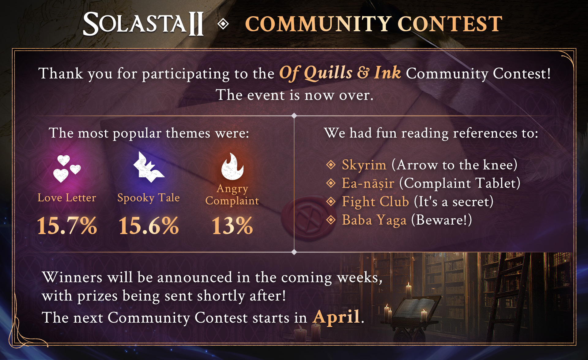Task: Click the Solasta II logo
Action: [x=143, y=24]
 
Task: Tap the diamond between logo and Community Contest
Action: [x=223, y=24]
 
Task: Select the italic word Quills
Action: [x=328, y=73]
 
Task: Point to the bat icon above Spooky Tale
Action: [x=149, y=167]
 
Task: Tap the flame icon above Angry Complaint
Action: [x=232, y=166]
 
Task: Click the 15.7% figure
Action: [x=67, y=226]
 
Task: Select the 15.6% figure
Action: [x=149, y=226]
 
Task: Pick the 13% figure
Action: [x=232, y=226]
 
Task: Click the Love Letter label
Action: [x=67, y=198]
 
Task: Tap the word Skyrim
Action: [x=364, y=165]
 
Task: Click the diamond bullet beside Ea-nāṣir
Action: [x=331, y=183]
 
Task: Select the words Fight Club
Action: [x=375, y=202]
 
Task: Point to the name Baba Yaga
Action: [x=374, y=220]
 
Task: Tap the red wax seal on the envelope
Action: [x=307, y=217]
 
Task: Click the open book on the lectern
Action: [x=413, y=308]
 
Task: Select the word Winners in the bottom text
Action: [x=72, y=277]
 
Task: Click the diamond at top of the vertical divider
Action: [x=294, y=116]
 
